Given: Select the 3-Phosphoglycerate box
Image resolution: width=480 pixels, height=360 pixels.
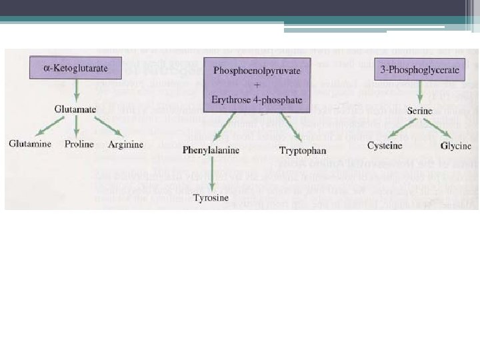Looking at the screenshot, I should click(x=421, y=69).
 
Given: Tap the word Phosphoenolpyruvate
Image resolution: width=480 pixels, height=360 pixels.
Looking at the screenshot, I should click(x=257, y=70).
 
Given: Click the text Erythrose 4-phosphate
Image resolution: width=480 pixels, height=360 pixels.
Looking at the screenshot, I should click(x=257, y=100).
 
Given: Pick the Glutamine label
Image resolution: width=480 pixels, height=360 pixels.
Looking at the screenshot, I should click(x=31, y=145).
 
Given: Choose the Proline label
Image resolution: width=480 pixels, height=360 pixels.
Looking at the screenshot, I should click(x=79, y=145).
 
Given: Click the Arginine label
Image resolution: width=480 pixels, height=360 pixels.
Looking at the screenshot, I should click(x=125, y=145).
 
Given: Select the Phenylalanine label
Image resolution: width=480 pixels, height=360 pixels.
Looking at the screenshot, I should click(x=211, y=151).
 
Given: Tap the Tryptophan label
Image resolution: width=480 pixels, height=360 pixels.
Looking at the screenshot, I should click(x=303, y=151).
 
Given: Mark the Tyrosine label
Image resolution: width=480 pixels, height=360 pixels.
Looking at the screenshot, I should click(x=211, y=197).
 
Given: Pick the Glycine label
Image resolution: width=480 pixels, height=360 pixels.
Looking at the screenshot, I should click(x=456, y=146).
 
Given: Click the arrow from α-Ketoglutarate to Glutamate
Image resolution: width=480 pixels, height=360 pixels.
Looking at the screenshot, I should click(x=77, y=89).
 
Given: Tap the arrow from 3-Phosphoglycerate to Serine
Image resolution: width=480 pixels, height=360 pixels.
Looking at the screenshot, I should click(x=421, y=91).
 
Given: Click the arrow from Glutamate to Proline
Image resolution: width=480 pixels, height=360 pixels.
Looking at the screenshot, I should click(x=77, y=127).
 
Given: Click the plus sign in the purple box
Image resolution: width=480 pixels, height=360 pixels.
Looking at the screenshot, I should click(x=257, y=85).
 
